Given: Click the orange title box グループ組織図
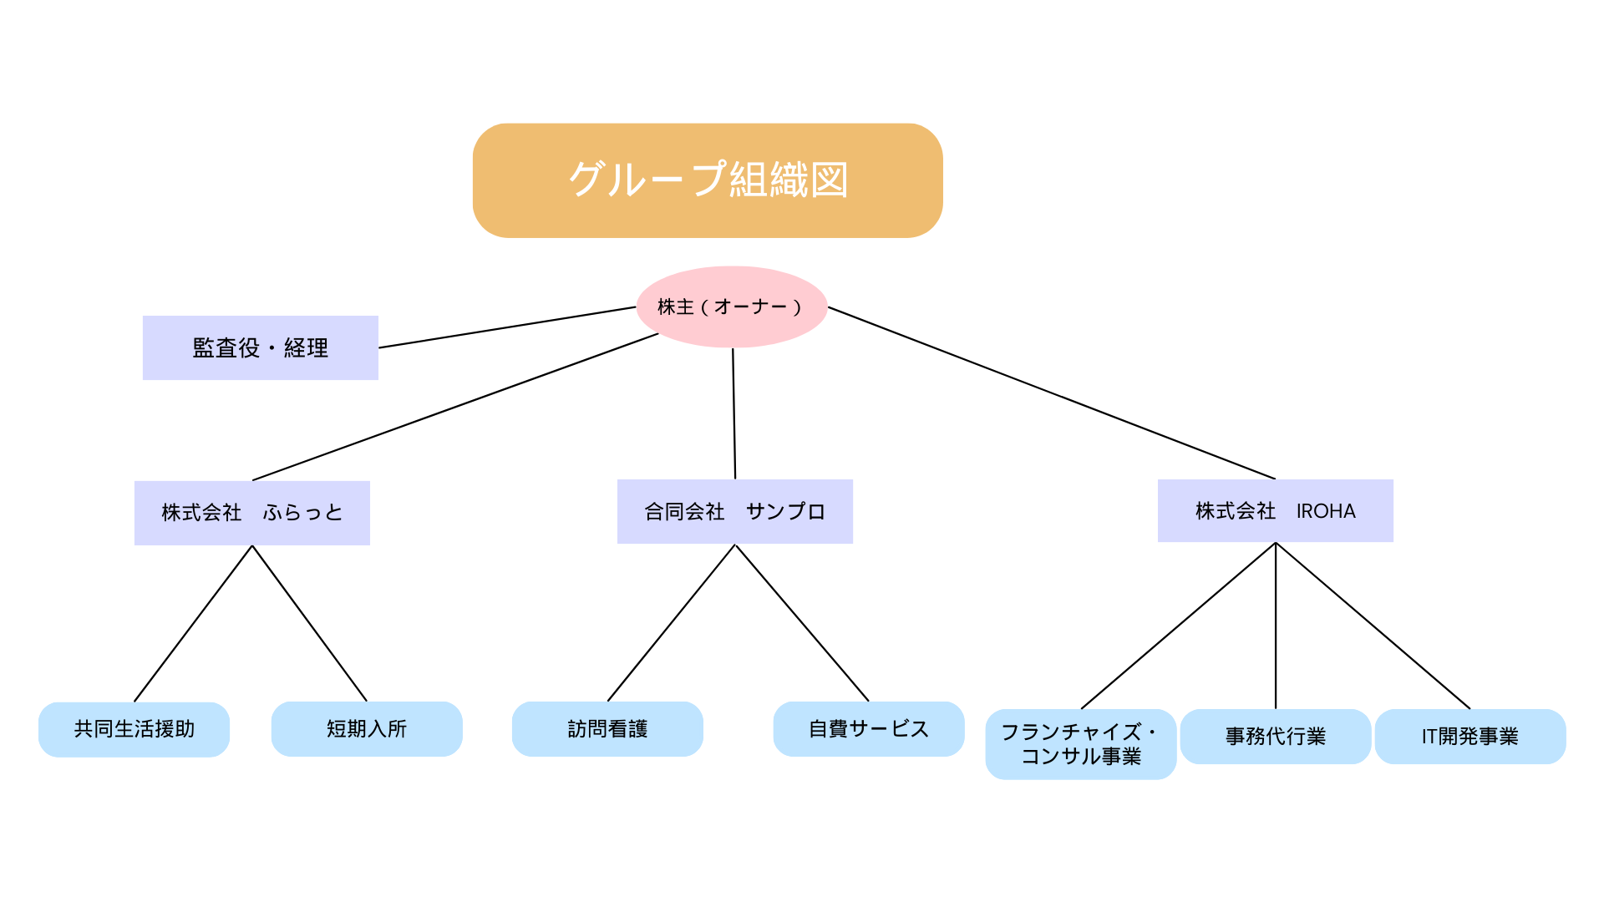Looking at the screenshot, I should click(x=708, y=180).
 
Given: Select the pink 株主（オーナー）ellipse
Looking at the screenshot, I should click(x=731, y=307).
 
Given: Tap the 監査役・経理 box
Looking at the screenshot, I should click(x=260, y=347).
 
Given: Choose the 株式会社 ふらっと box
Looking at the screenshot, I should click(x=251, y=512).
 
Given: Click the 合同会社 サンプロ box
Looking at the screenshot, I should click(x=734, y=511).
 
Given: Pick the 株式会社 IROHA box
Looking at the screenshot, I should click(x=1275, y=510).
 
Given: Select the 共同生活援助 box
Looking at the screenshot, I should click(x=134, y=729).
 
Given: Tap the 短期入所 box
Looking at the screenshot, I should click(x=366, y=729).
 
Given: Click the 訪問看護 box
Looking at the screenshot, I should click(x=607, y=729).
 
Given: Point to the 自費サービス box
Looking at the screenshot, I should click(x=868, y=729).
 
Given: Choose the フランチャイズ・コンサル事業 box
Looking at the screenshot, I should click(x=1080, y=743).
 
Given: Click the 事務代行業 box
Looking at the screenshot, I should click(x=1275, y=736).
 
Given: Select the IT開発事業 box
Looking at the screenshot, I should click(x=1469, y=736).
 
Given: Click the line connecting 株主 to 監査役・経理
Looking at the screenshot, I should click(x=507, y=327).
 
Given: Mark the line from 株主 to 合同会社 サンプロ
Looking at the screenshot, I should click(x=734, y=413).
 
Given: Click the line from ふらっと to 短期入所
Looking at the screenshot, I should click(x=309, y=623).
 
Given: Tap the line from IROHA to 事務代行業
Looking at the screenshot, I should click(x=1276, y=626).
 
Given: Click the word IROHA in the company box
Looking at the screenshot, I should click(x=1326, y=511).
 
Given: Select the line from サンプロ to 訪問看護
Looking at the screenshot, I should click(x=671, y=623).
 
